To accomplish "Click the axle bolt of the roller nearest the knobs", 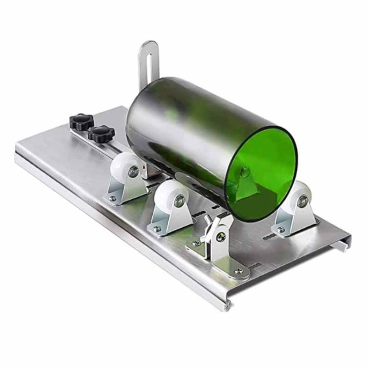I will coord(133,172).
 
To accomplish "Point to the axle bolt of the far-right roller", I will coord(302,201).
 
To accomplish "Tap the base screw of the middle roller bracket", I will coord(157,228).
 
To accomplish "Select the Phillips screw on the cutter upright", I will coord(222,237).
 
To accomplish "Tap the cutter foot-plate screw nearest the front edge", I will coord(238,272).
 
